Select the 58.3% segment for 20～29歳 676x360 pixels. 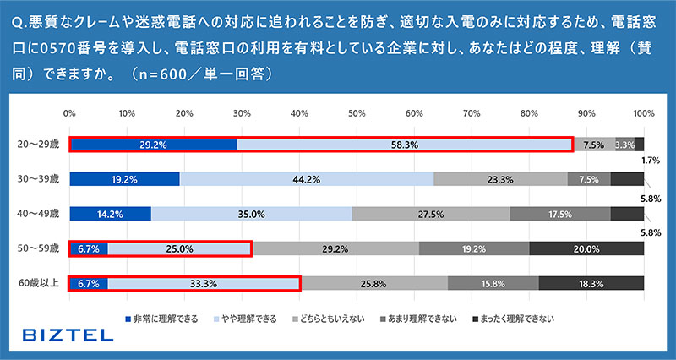point(404,145)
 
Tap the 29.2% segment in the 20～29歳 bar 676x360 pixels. point(153,145)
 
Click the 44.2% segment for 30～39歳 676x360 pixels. point(306,179)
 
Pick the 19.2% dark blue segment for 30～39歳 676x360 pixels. point(124,179)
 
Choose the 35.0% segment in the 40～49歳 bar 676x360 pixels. point(251,214)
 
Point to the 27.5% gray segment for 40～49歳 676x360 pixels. point(431,214)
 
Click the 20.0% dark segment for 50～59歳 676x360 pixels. point(586,248)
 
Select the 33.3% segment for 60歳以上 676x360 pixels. point(204,283)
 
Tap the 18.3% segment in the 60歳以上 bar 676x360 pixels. point(591,283)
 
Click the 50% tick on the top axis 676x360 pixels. point(357,112)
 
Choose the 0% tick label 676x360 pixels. point(70,112)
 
